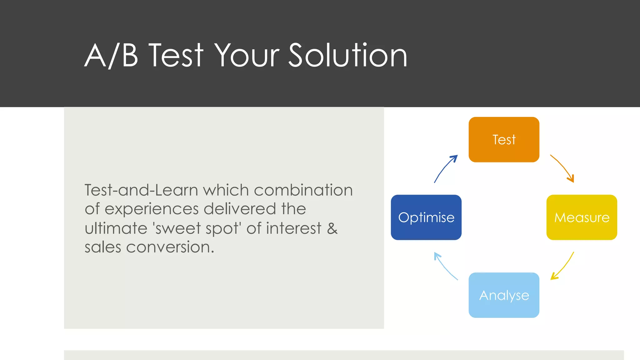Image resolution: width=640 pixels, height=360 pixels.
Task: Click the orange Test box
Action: point(504,139)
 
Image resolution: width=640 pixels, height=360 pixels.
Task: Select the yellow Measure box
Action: point(582,217)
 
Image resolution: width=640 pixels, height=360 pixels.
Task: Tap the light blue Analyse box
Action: point(504,295)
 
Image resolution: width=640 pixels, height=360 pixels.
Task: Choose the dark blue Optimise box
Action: point(426,217)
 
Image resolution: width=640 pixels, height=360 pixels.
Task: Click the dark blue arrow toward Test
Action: point(445,168)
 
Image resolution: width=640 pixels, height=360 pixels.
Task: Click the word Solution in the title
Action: point(347,56)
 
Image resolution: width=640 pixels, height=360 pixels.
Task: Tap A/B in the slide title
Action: point(111,56)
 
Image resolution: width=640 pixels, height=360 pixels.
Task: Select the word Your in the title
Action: point(247,56)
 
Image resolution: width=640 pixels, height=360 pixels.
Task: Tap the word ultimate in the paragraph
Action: point(116,228)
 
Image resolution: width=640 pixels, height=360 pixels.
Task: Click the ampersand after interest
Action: point(332,228)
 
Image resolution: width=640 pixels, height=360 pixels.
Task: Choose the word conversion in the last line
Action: point(170,247)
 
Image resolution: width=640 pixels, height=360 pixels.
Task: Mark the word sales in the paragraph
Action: point(103,247)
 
